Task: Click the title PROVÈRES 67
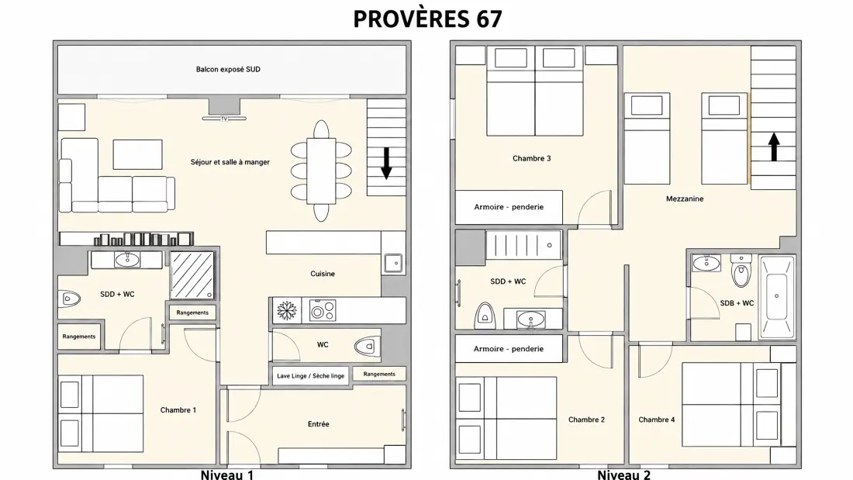[427, 19]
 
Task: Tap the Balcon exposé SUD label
[228, 70]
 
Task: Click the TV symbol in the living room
[224, 118]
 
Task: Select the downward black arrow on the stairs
[386, 164]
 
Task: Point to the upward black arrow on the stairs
[774, 147]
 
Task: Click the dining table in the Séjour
[321, 171]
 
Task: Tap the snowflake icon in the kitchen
[287, 311]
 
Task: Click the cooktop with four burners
[323, 311]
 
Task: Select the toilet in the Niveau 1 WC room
[368, 346]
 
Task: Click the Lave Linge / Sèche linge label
[311, 376]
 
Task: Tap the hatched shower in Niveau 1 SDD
[192, 275]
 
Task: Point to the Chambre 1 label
[178, 410]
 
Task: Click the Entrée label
[318, 424]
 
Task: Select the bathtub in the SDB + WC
[777, 296]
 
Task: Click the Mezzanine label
[685, 199]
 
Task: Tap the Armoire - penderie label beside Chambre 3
[509, 207]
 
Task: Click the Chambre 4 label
[657, 420]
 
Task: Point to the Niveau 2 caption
[624, 475]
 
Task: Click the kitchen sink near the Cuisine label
[393, 263]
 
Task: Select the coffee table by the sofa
[137, 154]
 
